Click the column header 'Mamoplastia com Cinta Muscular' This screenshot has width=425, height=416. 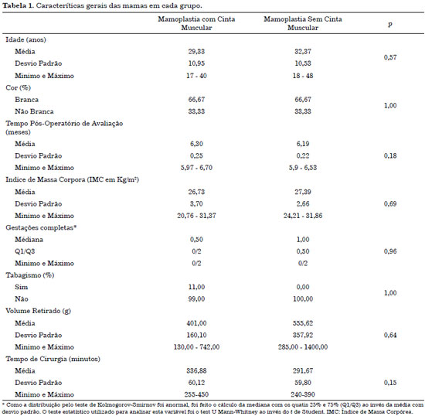(x=196, y=23)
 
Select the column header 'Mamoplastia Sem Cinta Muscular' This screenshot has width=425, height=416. (x=303, y=23)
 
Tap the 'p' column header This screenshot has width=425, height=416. (x=390, y=24)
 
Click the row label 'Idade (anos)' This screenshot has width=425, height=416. (x=25, y=40)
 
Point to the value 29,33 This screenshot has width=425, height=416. (x=196, y=52)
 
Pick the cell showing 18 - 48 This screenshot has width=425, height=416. (x=303, y=76)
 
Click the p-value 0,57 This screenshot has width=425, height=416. (x=390, y=57)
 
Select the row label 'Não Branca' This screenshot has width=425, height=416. (x=34, y=111)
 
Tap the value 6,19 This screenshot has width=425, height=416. (x=303, y=144)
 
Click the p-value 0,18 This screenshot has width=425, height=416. (x=390, y=156)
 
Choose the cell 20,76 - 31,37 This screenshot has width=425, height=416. (x=196, y=216)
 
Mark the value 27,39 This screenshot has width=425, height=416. (x=303, y=192)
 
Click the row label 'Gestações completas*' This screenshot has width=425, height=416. (x=41, y=228)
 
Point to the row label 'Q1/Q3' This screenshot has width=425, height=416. (x=25, y=251)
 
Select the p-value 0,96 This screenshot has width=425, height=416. (x=390, y=251)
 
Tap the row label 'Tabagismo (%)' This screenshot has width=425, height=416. (x=30, y=275)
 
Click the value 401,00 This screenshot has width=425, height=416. (x=196, y=323)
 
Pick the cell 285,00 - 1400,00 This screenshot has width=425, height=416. (x=303, y=347)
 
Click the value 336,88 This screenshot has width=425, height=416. (x=196, y=370)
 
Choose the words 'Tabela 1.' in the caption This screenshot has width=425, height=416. (x=19, y=5)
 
